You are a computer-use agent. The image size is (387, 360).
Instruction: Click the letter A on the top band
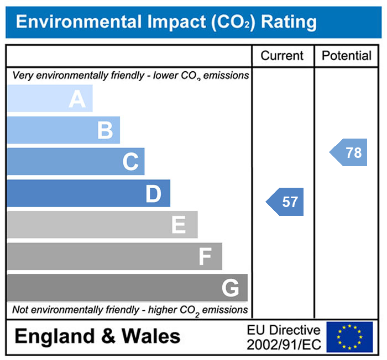point(77,99)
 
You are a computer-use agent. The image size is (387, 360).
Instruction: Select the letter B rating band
point(104,131)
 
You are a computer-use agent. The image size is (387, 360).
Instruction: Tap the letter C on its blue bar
point(130,162)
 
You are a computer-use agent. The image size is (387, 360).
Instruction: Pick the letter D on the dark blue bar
point(153,194)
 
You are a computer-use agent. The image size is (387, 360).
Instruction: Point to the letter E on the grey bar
point(178,225)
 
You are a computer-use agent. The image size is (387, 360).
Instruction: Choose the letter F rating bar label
point(205,257)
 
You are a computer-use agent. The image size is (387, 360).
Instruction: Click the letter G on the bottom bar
point(230,288)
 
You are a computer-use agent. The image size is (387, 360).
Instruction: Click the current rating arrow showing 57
point(286,202)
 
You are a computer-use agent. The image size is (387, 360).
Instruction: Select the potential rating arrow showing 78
point(349,153)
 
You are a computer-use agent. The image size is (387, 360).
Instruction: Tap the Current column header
point(282,56)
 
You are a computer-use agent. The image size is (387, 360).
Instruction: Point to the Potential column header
point(347,56)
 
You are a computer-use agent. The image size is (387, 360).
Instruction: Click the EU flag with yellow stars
point(349,337)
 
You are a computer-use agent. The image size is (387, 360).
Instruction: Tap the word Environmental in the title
point(80,22)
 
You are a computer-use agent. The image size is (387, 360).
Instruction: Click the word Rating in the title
point(289,22)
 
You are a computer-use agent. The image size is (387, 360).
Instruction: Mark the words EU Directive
point(284,330)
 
